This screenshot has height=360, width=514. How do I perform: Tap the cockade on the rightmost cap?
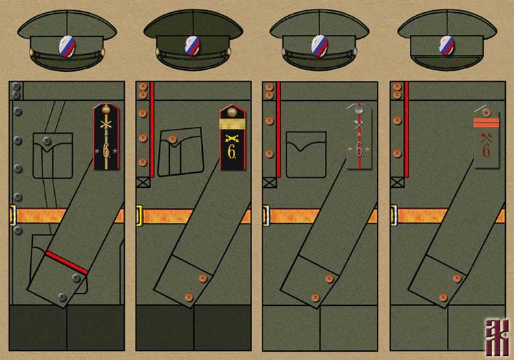[x=447, y=45]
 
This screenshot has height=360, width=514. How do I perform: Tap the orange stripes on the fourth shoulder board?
[x=485, y=123]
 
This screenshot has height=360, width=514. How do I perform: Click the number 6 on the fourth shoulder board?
[x=486, y=152]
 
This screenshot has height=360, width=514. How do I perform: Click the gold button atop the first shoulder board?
[x=106, y=109]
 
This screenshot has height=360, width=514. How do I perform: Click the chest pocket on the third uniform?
[x=306, y=153]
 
